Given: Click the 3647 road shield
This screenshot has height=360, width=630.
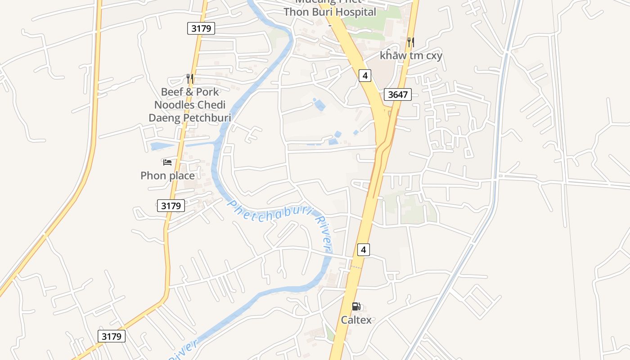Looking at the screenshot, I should tap(398, 94).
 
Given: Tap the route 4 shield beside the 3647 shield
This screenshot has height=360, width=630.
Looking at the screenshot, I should tap(365, 76).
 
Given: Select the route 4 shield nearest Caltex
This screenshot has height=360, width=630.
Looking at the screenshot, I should tap(363, 249).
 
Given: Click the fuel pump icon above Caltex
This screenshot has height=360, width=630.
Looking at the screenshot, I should tap(356, 306).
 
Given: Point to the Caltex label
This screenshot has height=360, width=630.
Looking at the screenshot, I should tap(356, 320).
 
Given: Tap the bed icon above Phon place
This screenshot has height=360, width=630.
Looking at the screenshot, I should tap(167, 162).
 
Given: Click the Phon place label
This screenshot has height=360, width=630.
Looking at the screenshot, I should tap(167, 175).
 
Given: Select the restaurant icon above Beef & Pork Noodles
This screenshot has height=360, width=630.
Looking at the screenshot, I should tap(190, 79).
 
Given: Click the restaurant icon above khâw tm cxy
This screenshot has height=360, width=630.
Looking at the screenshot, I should tap(410, 42).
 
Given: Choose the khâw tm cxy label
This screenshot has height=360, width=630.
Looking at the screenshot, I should tap(411, 56).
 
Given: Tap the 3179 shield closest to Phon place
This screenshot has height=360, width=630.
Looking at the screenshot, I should tap(171, 206).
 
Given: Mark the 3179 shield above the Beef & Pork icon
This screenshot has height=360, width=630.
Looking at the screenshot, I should tap(201, 28).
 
